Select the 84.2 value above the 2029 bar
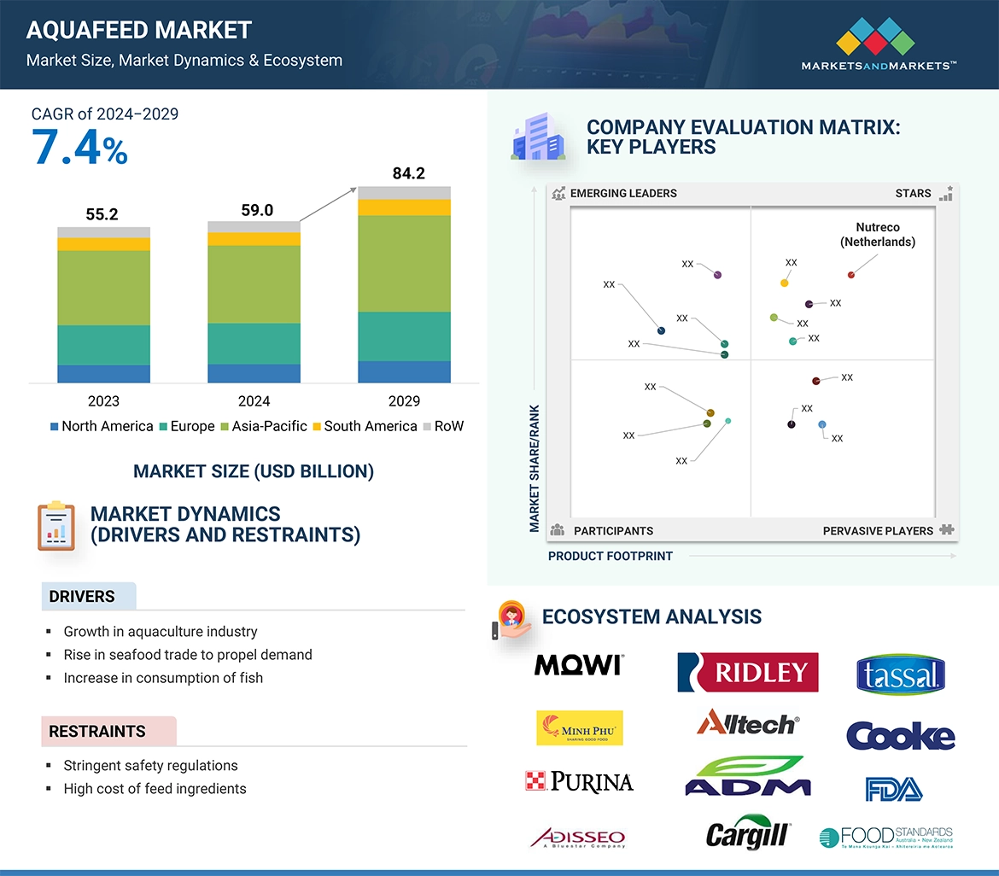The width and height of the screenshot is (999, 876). [x=408, y=173]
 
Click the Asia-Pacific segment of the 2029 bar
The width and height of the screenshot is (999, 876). [x=404, y=263]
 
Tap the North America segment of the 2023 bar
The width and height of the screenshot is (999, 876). [x=103, y=373]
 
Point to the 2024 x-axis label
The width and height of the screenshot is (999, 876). [x=254, y=401]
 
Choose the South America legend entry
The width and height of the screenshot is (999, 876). [x=365, y=426]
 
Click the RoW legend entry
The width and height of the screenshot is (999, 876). [x=443, y=426]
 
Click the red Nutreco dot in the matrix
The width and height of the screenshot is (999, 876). [x=850, y=275]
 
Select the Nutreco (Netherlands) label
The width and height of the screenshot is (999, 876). [x=877, y=235]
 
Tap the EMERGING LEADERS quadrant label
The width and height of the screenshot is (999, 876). [x=622, y=193]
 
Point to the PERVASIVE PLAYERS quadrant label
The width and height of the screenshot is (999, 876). [x=878, y=531]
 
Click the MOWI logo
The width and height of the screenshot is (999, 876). [x=579, y=665]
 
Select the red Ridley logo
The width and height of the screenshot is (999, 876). [x=747, y=672]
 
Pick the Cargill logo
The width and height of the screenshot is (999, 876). [x=748, y=833]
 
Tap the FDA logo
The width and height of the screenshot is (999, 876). [x=893, y=788]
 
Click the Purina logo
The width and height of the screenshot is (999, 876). [x=579, y=780]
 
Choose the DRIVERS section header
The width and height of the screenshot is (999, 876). [x=82, y=597]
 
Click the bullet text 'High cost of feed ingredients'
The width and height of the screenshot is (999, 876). [x=155, y=789]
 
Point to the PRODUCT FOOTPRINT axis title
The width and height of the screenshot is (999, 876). [x=610, y=556]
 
